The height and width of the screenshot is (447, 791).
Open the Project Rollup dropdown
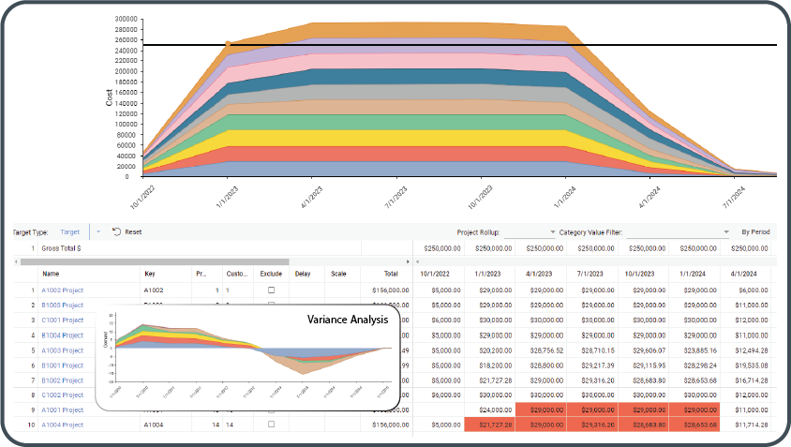pos(549,231)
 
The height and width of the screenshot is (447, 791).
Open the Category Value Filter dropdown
pos(725,231)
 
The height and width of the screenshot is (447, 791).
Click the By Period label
pos(756,231)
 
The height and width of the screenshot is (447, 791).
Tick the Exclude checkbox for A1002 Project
pos(271,291)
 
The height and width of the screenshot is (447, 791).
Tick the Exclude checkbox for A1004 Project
pos(271,425)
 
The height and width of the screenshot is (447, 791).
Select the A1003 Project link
pos(63,350)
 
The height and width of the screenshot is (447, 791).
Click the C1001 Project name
pos(63,320)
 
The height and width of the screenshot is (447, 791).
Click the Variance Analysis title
pos(347,320)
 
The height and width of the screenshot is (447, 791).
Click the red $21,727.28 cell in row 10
pos(488,425)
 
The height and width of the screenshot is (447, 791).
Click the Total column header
pos(390,274)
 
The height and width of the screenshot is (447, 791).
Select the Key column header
pos(150,274)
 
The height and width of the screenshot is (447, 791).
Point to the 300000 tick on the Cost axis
pos(124,18)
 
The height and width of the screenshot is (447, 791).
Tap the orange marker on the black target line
pos(228,44)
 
